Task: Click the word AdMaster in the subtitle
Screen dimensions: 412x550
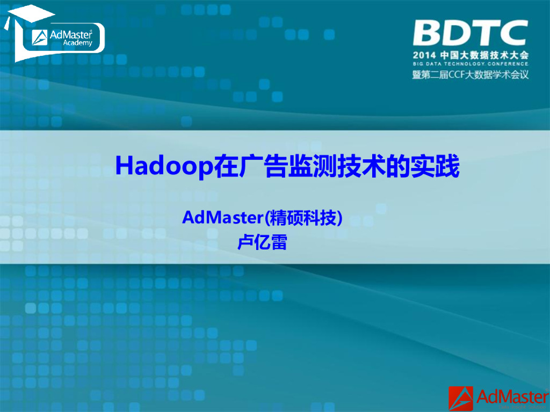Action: tap(223, 218)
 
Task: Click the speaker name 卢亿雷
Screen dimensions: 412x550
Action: tap(262, 242)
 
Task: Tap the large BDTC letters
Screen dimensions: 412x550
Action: tap(470, 33)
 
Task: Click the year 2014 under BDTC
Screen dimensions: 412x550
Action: tap(425, 55)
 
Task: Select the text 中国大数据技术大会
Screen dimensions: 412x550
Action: tap(484, 55)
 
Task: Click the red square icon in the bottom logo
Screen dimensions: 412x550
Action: tap(461, 398)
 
